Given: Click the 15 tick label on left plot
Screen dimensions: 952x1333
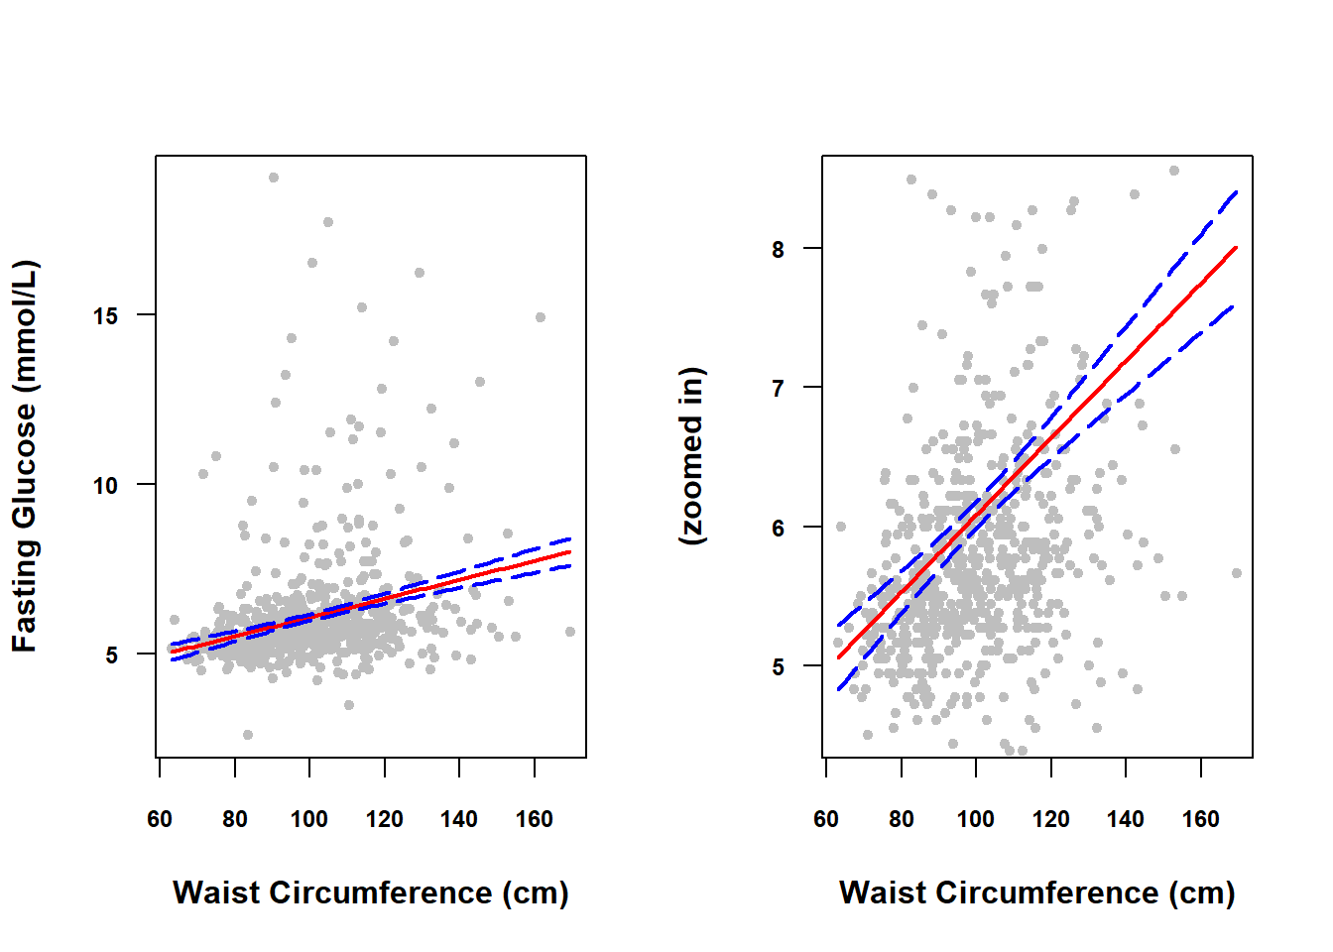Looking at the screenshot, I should pos(106,316).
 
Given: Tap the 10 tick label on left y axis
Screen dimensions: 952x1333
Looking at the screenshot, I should pos(106,486).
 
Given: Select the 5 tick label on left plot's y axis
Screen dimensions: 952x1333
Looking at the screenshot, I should pos(112,655).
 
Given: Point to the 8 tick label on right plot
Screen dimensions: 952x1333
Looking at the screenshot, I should pos(779,250).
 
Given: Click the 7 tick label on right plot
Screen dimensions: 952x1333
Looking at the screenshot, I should pos(779,389).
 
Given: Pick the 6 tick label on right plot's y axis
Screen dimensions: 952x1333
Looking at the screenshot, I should pos(779,529).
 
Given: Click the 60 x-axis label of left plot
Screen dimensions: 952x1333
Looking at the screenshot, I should pos(160,819).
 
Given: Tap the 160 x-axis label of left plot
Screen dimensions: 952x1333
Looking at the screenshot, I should pos(535,819).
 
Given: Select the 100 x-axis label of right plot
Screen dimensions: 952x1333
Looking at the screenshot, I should pos(976,819).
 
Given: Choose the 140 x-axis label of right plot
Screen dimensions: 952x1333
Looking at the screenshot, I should pos(1126,819).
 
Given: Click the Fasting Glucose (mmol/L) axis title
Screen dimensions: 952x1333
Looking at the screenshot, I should pos(25,456).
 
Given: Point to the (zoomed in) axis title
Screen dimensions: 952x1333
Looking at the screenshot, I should pos(691,456).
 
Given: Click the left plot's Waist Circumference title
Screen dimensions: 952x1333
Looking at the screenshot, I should pos(371,892).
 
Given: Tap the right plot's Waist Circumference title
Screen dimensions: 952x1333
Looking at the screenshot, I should pos(1037,892).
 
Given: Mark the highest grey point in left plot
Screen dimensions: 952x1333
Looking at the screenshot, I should pos(274,178).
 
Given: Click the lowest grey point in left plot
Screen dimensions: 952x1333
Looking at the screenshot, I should pos(248,735).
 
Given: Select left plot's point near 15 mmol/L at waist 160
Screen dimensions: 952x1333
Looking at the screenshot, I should pos(541,317).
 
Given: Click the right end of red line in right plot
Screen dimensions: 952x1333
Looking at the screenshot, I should pos(1237,247).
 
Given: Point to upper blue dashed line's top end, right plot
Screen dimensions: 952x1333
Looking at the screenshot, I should pos(1237,191).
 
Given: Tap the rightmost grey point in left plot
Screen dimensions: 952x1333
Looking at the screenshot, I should pos(570,632).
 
